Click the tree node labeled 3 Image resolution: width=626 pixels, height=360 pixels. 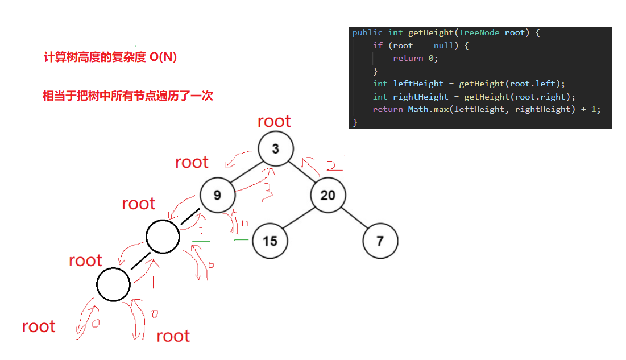(x=276, y=149)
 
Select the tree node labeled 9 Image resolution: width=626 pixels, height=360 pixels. (x=217, y=195)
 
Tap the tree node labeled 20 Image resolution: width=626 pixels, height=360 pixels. (x=328, y=195)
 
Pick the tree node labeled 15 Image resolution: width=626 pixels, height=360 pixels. (x=270, y=241)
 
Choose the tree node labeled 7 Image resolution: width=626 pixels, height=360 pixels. (x=380, y=241)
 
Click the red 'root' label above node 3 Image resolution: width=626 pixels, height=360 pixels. (x=274, y=121)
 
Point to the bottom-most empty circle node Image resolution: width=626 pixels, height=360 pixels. (x=114, y=284)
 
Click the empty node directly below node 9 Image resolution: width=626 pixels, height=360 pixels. (x=163, y=237)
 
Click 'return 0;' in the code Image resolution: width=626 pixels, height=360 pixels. (x=416, y=58)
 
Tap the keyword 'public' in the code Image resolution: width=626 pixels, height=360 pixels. (x=367, y=32)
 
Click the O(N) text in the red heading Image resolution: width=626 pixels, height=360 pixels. (x=163, y=57)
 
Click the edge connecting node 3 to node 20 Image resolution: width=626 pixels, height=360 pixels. (x=301, y=172)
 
